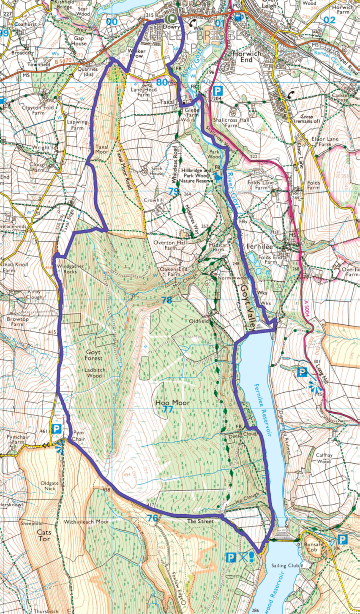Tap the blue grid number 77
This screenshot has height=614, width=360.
tap(168, 410)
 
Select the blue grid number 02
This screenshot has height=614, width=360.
tap(329, 20)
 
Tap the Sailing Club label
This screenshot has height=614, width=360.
tap(280, 565)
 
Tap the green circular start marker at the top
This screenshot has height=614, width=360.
tap(171, 19)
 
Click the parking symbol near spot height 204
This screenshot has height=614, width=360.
tap(217, 90)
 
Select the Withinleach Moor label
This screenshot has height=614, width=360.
tap(86, 522)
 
